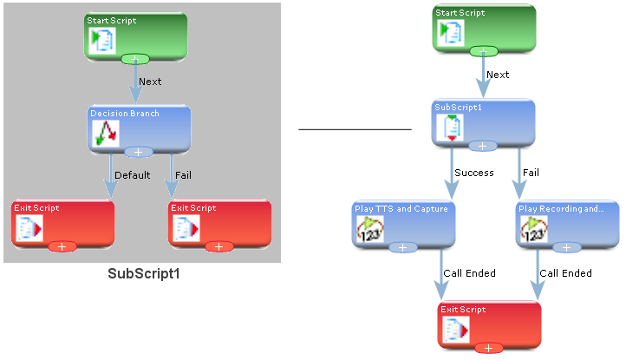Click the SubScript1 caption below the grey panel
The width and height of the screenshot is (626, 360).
pyautogui.click(x=144, y=274)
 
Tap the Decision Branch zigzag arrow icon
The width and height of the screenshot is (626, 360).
pyautogui.click(x=106, y=133)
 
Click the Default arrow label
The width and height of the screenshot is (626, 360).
pyautogui.click(x=132, y=175)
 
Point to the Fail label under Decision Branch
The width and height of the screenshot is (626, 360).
pyautogui.click(x=183, y=175)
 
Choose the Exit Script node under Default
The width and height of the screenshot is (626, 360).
pyautogui.click(x=62, y=225)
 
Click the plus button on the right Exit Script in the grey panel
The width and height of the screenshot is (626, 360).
pyautogui.click(x=219, y=247)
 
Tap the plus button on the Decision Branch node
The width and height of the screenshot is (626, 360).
pyautogui.click(x=139, y=152)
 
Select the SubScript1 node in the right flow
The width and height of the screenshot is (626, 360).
pyautogui.click(x=483, y=123)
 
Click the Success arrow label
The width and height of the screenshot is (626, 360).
pyautogui.click(x=474, y=173)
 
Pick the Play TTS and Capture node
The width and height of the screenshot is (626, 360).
pyautogui.click(x=403, y=225)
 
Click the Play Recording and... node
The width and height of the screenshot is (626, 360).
pyautogui.click(x=567, y=225)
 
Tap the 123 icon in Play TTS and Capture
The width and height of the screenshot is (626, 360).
pyautogui.click(x=369, y=229)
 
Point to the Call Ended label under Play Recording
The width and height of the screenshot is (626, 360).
pyautogui.click(x=565, y=273)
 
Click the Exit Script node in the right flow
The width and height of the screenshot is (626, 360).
pyautogui.click(x=490, y=325)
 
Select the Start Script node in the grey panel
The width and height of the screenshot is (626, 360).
pyautogui.click(x=135, y=36)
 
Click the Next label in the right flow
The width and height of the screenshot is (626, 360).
pyautogui.click(x=498, y=75)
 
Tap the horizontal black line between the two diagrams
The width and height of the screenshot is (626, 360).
pyautogui.click(x=355, y=129)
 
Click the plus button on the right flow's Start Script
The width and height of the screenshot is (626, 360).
pyautogui.click(x=484, y=51)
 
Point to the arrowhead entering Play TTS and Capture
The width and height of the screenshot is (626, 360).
pyautogui.click(x=452, y=191)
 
